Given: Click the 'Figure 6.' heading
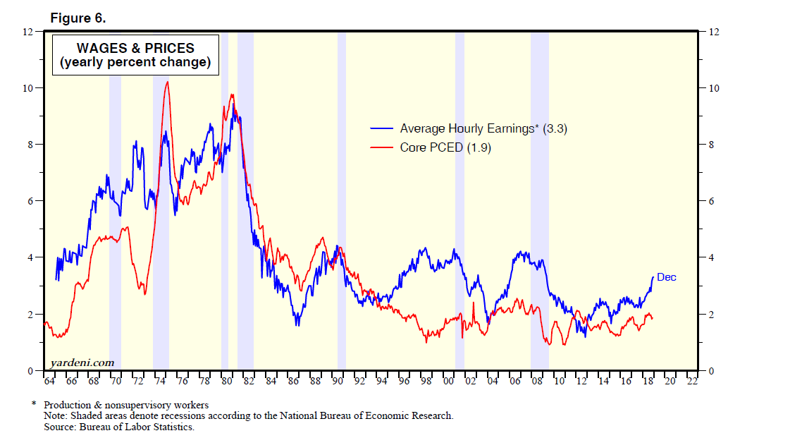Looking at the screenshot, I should coord(78,18).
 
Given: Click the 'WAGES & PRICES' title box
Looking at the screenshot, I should coord(135,55).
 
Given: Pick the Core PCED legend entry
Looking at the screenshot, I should coord(445,147).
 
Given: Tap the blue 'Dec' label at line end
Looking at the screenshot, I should coord(666,277).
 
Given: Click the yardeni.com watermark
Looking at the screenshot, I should coord(82,363).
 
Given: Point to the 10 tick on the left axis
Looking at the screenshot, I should coord(29,88).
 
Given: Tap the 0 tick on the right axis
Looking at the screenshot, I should coord(711,370).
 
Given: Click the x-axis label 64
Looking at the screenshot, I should coord(49,382).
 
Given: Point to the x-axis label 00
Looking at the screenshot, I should coord(448,382).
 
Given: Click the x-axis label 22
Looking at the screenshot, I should coord(692,382).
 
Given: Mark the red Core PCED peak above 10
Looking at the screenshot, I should coord(166,83).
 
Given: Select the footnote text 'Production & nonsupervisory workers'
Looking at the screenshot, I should coord(126,406).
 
